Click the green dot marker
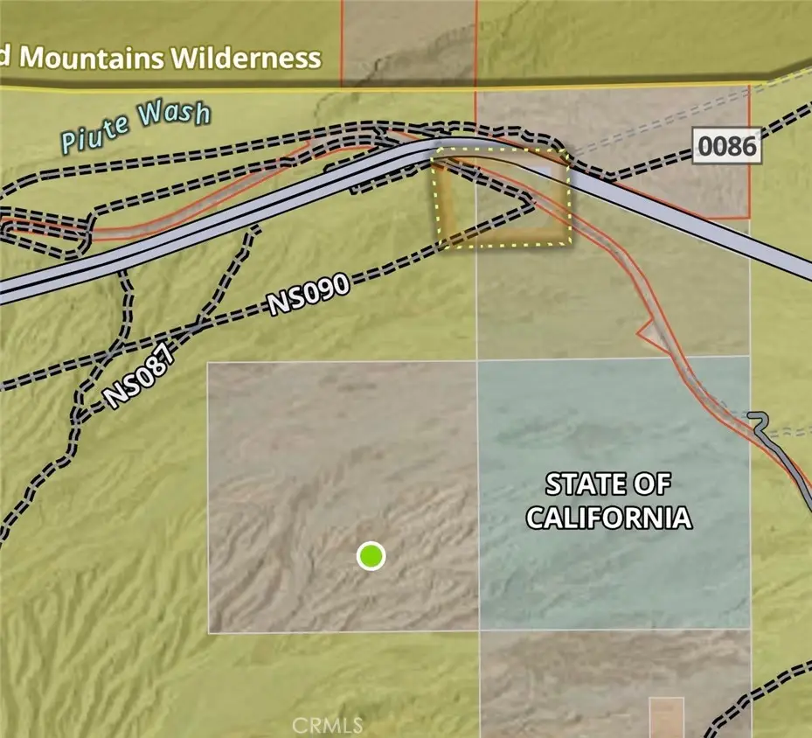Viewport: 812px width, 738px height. pyautogui.click(x=371, y=555)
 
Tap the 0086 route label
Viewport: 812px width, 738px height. pyautogui.click(x=726, y=146)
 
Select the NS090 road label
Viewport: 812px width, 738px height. pyautogui.click(x=309, y=295)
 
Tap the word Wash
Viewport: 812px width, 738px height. pyautogui.click(x=174, y=115)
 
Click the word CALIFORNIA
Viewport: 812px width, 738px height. pyautogui.click(x=609, y=517)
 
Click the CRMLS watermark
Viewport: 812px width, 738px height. pyautogui.click(x=327, y=725)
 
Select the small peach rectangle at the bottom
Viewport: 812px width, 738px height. pyautogui.click(x=666, y=715)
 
